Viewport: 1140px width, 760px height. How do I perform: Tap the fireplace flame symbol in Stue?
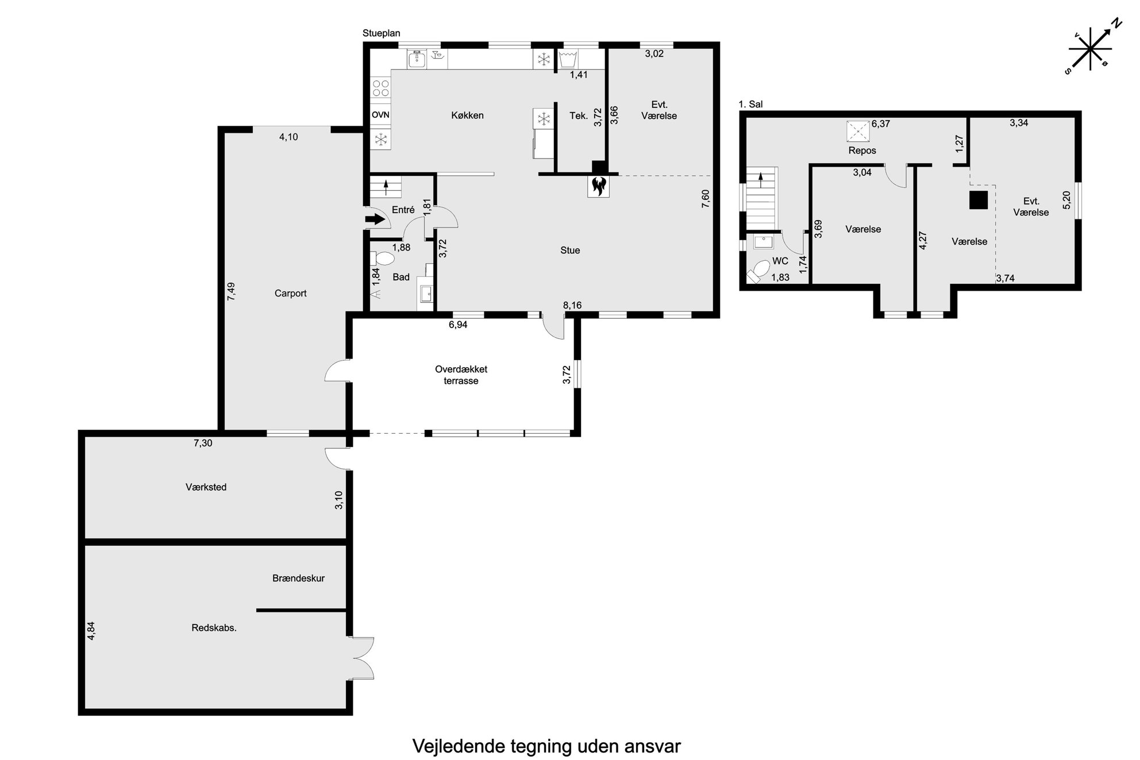point(598,186)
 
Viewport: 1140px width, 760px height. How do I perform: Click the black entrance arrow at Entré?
point(375,219)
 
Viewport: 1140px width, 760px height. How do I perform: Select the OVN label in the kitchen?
point(380,115)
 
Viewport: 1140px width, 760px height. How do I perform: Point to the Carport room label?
point(290,294)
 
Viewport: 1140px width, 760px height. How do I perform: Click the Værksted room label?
point(206,487)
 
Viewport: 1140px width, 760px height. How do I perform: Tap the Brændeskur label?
point(298,578)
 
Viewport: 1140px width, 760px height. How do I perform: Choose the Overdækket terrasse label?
point(461,375)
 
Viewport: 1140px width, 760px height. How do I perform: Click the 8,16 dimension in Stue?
point(572,306)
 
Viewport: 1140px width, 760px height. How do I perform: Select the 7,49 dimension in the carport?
point(231,291)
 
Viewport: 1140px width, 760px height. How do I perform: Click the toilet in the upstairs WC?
point(759,271)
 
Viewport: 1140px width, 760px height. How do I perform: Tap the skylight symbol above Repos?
point(858,131)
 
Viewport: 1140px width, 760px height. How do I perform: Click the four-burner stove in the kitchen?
point(380,88)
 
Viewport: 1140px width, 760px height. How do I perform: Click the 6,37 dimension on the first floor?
point(881,124)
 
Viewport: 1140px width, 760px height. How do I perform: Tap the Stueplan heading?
point(382,33)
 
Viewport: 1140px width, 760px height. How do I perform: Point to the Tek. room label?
point(579,115)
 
